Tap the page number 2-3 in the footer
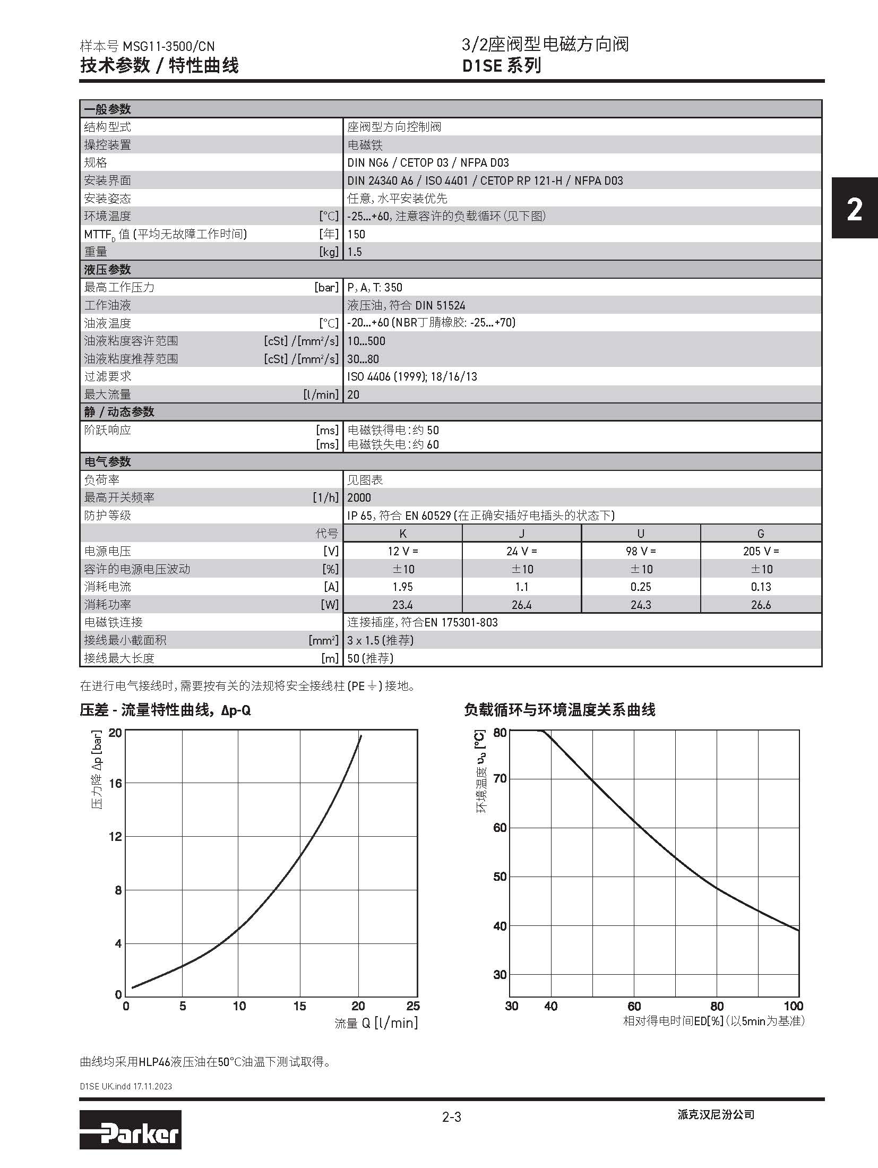[x=452, y=1117]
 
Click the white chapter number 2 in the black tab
[x=854, y=210]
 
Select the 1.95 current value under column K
[x=402, y=587]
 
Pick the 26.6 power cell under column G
[x=761, y=605]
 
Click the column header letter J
[x=521, y=534]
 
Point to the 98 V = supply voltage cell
[x=641, y=551]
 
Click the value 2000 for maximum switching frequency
[x=359, y=497]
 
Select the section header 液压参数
[x=108, y=270]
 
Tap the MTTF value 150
[x=356, y=234]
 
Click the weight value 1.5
[x=355, y=252]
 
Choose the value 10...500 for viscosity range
[x=366, y=341]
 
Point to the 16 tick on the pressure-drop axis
[x=115, y=783]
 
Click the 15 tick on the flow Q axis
[x=299, y=1006]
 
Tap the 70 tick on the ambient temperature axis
[x=500, y=779]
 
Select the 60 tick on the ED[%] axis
[x=634, y=1006]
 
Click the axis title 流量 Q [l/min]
[x=376, y=1023]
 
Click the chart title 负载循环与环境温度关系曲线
[x=559, y=710]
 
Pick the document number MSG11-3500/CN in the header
[x=169, y=46]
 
